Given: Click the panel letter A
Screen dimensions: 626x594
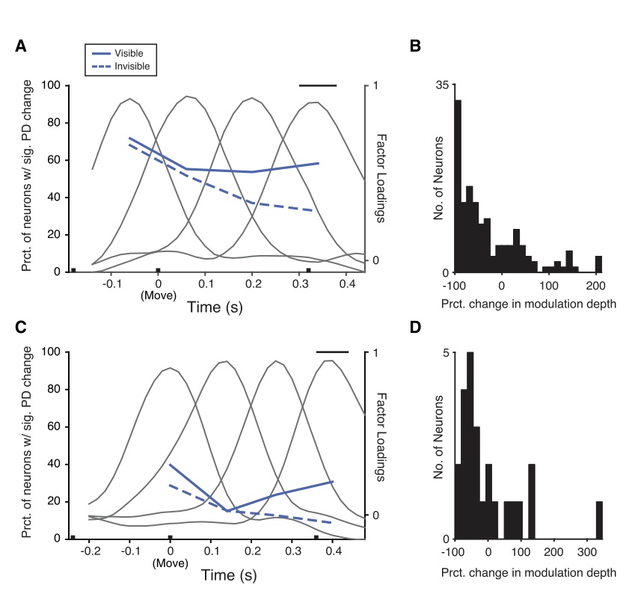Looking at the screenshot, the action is (21, 46).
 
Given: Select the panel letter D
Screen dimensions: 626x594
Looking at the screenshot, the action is (415, 327).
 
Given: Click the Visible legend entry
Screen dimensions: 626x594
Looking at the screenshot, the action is (117, 53).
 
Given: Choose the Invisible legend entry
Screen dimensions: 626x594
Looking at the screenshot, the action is (121, 67).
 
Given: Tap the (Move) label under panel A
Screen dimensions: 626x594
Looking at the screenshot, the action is (159, 296).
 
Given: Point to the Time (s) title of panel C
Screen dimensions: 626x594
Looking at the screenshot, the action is (229, 575).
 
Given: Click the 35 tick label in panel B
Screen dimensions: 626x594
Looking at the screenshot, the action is (442, 85).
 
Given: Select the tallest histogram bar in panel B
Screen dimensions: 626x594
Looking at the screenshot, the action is (458, 186).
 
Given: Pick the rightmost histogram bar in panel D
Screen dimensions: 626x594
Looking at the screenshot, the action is (599, 520).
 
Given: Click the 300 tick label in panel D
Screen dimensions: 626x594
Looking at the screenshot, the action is (586, 552).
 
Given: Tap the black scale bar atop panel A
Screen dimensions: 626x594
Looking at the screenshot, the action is (318, 85).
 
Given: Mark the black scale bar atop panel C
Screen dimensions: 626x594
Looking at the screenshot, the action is (332, 352).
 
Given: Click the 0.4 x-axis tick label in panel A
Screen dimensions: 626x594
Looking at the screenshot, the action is (348, 284).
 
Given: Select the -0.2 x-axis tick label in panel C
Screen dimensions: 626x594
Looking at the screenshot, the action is (90, 551).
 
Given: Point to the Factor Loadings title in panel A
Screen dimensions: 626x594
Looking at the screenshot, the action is (381, 179).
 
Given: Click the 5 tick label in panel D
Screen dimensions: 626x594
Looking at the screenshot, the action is (446, 353).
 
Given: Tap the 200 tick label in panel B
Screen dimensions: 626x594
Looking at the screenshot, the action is (595, 286).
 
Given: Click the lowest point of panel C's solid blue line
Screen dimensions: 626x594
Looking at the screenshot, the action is (227, 511).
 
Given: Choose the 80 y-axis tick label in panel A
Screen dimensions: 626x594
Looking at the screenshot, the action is (54, 122).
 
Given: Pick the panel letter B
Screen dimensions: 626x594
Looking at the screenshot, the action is (415, 46).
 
